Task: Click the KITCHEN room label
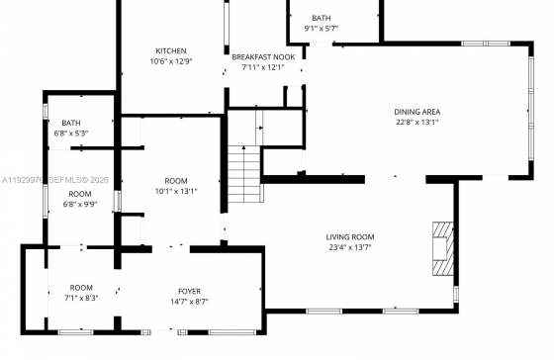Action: tap(171, 50)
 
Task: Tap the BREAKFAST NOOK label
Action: tap(263, 57)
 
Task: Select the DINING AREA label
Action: tap(416, 112)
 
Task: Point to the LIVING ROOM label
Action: tap(350, 237)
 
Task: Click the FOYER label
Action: tap(189, 292)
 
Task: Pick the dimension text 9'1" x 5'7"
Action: tap(322, 29)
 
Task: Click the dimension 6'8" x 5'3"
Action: tap(71, 134)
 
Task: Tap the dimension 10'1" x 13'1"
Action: tap(176, 192)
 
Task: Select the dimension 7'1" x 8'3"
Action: tap(81, 298)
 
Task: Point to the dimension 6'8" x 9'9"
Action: tap(80, 204)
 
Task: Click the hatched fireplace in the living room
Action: tap(443, 248)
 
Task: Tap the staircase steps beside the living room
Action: tap(244, 174)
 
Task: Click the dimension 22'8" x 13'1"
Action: tap(416, 123)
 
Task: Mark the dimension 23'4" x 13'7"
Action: tap(350, 247)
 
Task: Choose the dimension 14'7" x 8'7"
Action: tap(189, 302)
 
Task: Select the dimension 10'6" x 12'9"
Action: tap(171, 61)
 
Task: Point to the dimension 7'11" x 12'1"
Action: tap(263, 67)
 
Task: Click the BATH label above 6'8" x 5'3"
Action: tap(71, 123)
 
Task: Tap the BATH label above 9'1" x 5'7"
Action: tap(322, 18)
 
